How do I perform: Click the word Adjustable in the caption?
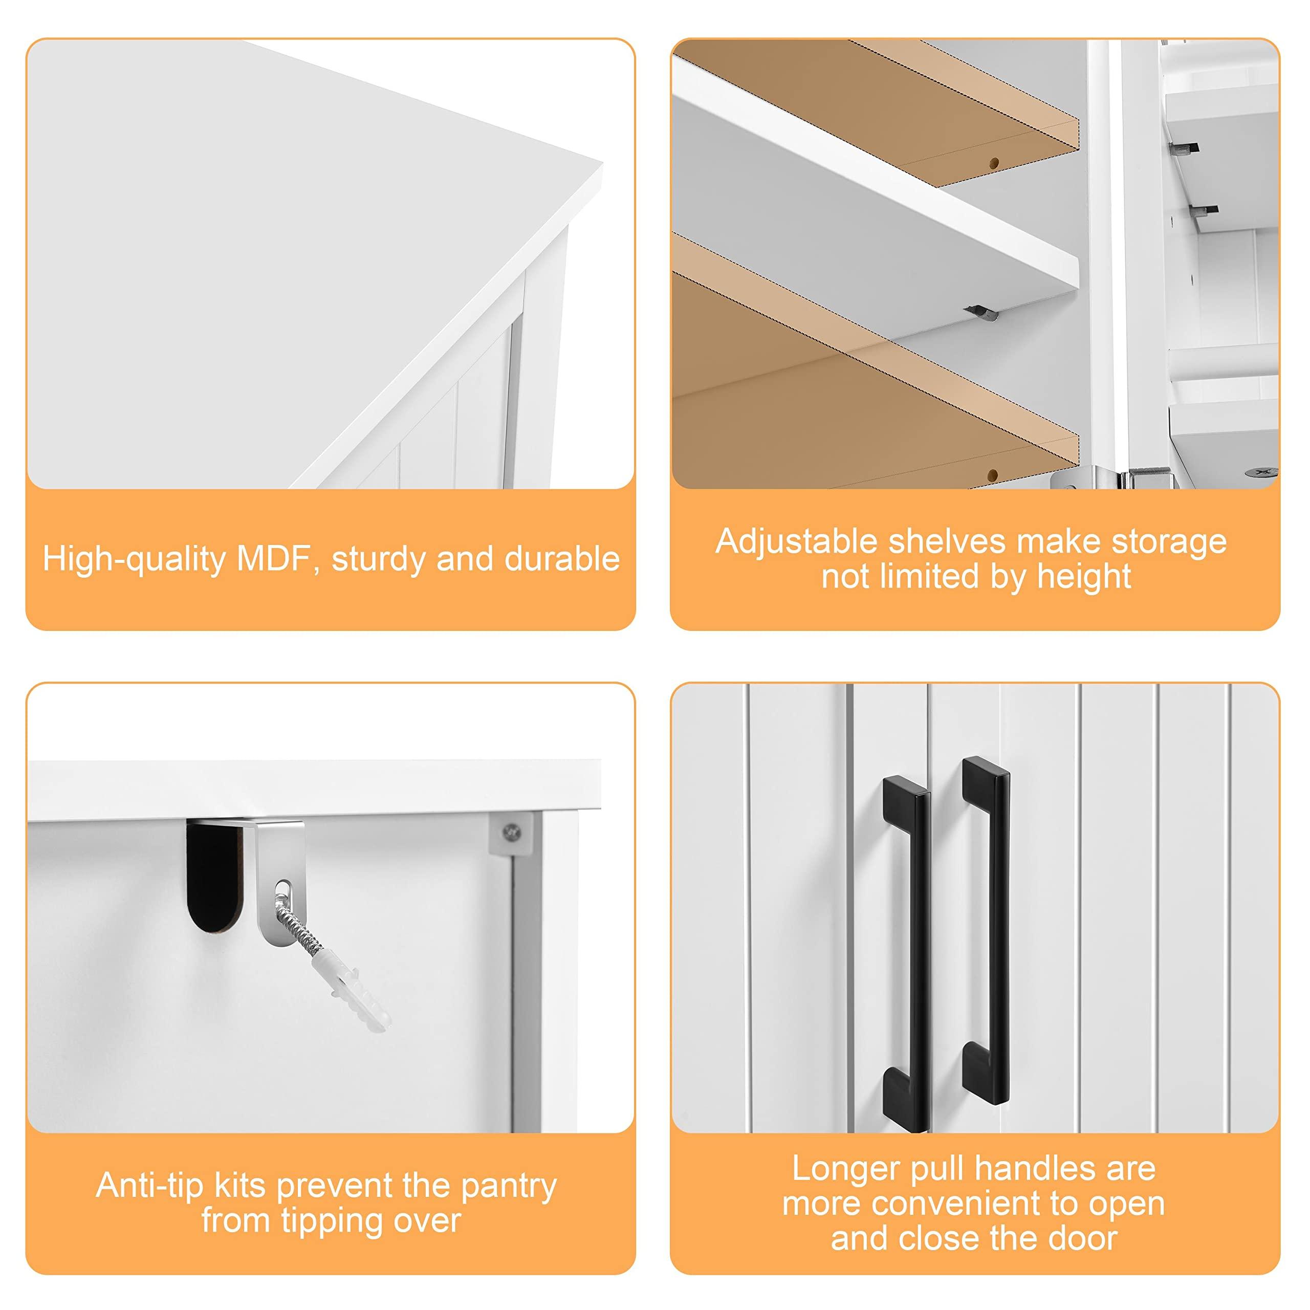[797, 542]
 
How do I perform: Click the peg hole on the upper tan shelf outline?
[994, 163]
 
